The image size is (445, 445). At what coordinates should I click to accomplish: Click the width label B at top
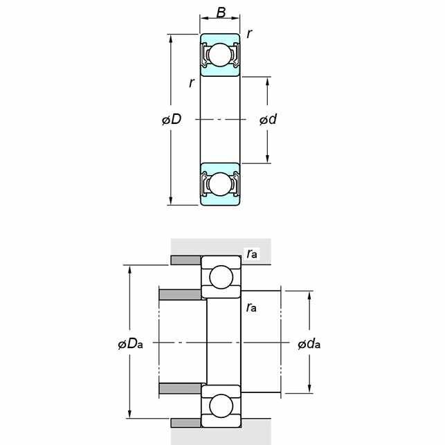pyautogui.click(x=221, y=12)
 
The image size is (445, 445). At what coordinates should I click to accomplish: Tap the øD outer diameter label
pyautogui.click(x=172, y=119)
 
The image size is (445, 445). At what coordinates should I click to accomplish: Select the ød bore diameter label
pyautogui.click(x=268, y=119)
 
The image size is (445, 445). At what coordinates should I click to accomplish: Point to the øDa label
pyautogui.click(x=130, y=344)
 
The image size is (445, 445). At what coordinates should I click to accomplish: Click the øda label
pyautogui.click(x=309, y=344)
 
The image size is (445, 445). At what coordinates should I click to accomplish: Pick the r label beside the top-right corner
pyautogui.click(x=249, y=33)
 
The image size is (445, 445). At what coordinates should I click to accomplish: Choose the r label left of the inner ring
pyautogui.click(x=192, y=83)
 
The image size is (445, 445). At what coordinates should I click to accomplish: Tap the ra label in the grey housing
pyautogui.click(x=252, y=253)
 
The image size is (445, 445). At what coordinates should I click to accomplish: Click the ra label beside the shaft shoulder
pyautogui.click(x=252, y=307)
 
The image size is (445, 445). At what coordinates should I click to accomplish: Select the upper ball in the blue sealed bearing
pyautogui.click(x=220, y=55)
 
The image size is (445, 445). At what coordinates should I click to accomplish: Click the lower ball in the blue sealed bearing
pyautogui.click(x=220, y=184)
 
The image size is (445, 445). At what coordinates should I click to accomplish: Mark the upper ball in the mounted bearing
pyautogui.click(x=221, y=277)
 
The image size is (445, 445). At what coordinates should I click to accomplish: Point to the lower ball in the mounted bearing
pyautogui.click(x=221, y=406)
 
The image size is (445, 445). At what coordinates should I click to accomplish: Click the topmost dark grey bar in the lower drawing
pyautogui.click(x=186, y=260)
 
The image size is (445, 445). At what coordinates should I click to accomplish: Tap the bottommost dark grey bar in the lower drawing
pyautogui.click(x=186, y=423)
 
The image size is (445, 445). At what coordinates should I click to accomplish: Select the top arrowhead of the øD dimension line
pyautogui.click(x=170, y=39)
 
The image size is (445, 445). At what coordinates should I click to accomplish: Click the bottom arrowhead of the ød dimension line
pyautogui.click(x=267, y=158)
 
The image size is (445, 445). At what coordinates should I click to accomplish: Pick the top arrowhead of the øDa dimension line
pyautogui.click(x=129, y=270)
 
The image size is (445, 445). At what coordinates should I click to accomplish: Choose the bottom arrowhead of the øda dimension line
pyautogui.click(x=309, y=389)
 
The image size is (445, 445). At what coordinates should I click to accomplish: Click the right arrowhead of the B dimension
pyautogui.click(x=235, y=18)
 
